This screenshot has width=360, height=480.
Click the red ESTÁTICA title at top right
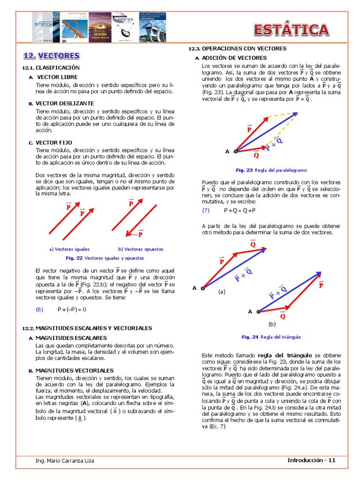[x=291, y=30]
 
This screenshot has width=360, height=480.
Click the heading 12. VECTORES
[x=52, y=56]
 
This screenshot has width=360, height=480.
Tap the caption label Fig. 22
[x=74, y=258]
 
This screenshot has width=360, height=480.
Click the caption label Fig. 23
[x=244, y=170]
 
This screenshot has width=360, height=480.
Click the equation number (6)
[x=39, y=309]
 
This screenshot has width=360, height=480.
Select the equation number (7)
[x=206, y=210]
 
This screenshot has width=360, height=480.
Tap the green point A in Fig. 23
[x=236, y=151]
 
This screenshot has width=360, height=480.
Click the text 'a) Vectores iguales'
[x=69, y=249]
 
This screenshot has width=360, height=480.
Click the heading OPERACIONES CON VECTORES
[x=243, y=48]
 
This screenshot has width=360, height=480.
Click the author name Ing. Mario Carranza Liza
[x=65, y=461]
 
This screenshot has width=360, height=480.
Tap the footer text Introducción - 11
[x=311, y=460]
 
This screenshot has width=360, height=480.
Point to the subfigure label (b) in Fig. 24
[x=272, y=324]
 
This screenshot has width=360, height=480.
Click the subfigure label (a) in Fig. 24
[x=222, y=291]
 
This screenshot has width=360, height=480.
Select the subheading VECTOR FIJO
[x=54, y=142]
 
